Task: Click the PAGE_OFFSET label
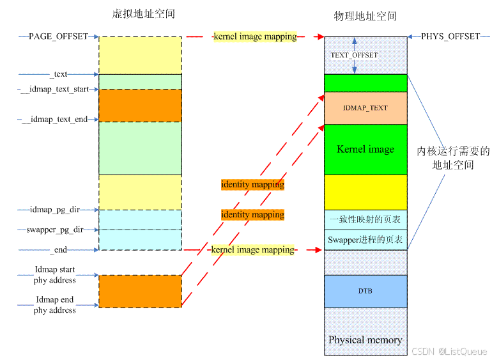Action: (58, 36)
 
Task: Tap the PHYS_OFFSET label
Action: (450, 36)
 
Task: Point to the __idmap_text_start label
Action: (55, 90)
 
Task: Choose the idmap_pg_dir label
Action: (54, 209)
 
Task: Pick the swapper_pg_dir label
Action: (52, 230)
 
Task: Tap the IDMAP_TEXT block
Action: (365, 108)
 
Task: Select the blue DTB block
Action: (365, 292)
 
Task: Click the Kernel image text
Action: (365, 149)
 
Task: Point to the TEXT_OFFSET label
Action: (354, 55)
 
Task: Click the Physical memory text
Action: (365, 340)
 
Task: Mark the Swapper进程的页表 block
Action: (365, 240)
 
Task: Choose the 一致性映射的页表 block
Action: (365, 219)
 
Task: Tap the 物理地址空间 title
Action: (365, 16)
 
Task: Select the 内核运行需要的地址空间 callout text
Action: (453, 158)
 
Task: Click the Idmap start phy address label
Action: (55, 275)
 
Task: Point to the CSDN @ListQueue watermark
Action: (449, 352)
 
